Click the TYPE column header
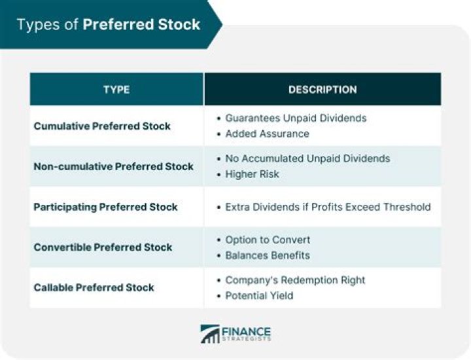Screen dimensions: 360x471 116,90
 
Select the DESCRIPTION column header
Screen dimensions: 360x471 323,90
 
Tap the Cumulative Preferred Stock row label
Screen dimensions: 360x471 102,126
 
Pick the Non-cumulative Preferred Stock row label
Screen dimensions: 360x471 113,166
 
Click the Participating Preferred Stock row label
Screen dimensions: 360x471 105,207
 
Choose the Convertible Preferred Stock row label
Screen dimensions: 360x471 103,247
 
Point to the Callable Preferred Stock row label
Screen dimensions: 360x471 94,287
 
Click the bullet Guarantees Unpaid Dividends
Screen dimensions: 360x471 296,118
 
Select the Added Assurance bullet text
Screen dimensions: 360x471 267,134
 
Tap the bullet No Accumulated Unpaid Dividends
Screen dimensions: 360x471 307,158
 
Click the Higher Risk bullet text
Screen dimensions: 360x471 252,174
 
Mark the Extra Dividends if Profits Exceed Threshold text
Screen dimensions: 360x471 328,207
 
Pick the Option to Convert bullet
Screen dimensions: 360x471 268,240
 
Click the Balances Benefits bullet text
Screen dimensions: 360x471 268,255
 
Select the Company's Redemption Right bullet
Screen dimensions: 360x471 295,280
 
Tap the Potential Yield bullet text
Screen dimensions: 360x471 259,295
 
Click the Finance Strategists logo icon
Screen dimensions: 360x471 209,334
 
